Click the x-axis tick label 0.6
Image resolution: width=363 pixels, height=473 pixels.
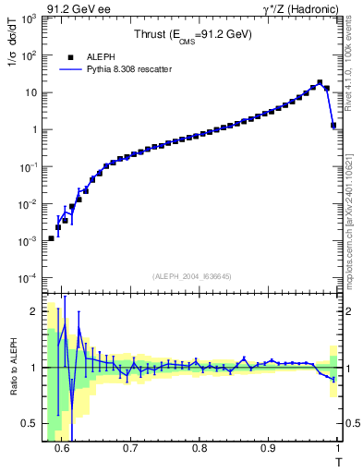click(62, 450)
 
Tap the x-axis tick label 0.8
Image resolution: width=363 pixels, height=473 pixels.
click(200, 450)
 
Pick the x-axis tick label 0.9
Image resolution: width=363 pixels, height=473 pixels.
click(268, 450)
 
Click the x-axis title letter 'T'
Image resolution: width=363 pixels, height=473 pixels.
click(338, 461)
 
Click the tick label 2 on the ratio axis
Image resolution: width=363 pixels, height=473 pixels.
click(34, 311)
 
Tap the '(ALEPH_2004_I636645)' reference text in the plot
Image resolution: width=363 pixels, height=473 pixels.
click(191, 275)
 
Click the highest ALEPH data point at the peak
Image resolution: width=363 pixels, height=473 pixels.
click(320, 83)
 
